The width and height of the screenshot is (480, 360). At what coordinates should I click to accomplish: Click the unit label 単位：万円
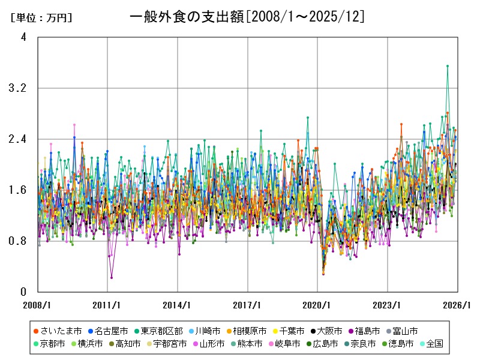(41, 18)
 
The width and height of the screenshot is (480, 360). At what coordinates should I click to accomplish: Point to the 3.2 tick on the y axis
(18, 88)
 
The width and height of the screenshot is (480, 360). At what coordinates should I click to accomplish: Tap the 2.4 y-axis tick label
(18, 139)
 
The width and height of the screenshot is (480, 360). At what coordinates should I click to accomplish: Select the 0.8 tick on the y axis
(18, 241)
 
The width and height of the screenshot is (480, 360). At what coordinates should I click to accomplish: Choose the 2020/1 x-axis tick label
(318, 305)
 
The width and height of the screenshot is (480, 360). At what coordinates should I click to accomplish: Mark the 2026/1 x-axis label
(458, 305)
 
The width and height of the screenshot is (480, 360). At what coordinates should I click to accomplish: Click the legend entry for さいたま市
(57, 331)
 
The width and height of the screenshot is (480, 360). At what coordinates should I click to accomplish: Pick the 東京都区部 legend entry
(158, 331)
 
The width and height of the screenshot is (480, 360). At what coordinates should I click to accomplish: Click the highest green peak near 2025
(448, 66)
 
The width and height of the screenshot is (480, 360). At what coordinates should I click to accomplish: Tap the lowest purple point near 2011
(112, 277)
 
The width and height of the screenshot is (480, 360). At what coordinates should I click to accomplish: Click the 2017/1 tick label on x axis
(248, 305)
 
